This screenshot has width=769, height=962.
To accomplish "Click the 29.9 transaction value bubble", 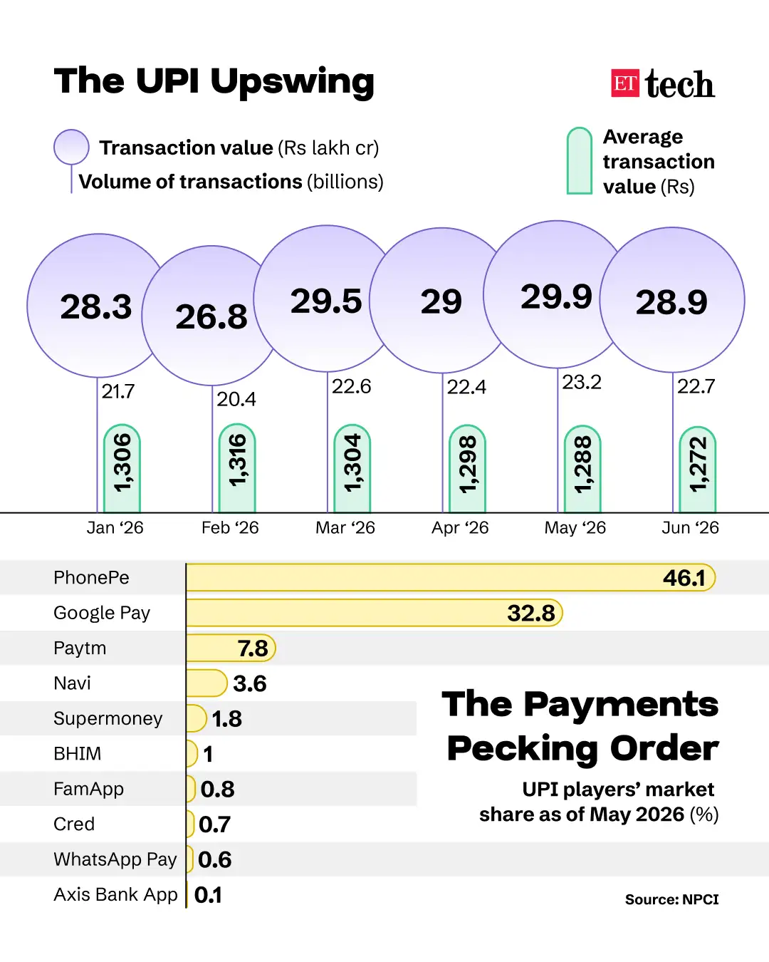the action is click(557, 294).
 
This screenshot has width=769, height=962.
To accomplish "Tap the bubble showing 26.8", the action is click(211, 316).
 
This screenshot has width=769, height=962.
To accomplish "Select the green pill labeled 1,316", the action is click(237, 467).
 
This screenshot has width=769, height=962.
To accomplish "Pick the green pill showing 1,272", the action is click(698, 470).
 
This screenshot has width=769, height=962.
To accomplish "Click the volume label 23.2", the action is click(581, 382).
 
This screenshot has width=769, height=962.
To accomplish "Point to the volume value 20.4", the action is click(236, 399).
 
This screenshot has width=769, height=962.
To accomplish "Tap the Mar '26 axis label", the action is click(345, 528).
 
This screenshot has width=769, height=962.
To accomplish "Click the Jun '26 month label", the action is click(690, 528).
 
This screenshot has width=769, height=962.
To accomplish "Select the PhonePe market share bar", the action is click(451, 578).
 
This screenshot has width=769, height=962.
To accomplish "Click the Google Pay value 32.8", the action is click(531, 613).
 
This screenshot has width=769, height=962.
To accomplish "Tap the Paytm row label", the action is click(80, 648).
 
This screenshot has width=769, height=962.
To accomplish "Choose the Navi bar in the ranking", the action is click(206, 683).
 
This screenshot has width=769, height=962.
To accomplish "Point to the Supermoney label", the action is click(108, 719).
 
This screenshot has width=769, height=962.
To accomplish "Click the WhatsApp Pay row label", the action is click(115, 859).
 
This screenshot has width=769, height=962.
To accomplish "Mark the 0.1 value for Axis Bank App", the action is click(208, 895).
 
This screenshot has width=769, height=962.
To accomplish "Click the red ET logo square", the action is click(624, 83).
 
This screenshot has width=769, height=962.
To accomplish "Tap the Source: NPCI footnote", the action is click(671, 899).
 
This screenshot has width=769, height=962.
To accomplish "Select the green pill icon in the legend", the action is click(579, 161).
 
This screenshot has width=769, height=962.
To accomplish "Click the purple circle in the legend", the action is click(71, 147).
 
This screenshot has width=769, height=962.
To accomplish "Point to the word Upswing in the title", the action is click(292, 82).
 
